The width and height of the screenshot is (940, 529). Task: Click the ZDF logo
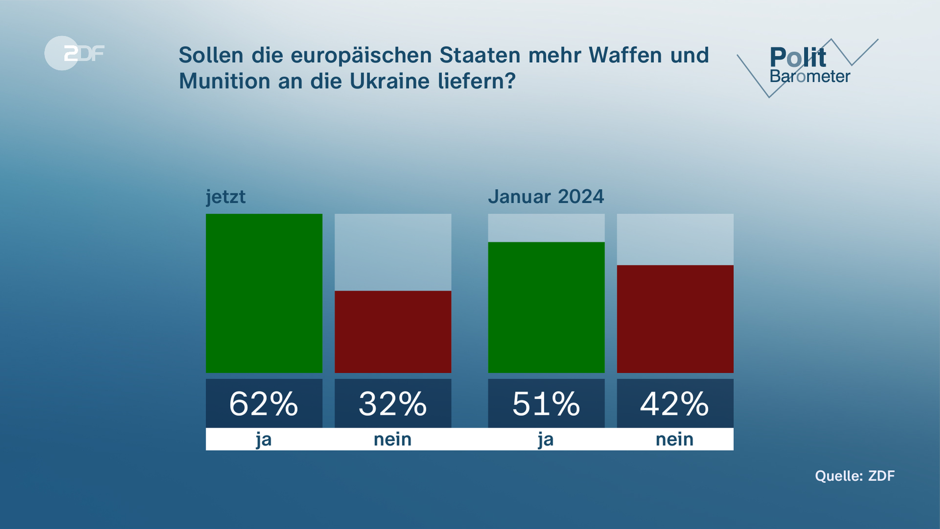click(x=74, y=53)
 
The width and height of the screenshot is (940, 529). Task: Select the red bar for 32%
click(x=393, y=332)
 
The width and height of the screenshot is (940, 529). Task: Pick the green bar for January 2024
click(x=546, y=307)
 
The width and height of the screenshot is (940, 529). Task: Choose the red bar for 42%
click(x=675, y=319)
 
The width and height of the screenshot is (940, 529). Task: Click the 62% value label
click(x=264, y=404)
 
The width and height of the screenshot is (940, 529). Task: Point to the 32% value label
click(x=393, y=404)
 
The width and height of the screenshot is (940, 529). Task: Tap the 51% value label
click(x=546, y=404)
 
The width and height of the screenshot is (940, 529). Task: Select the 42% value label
click(x=675, y=404)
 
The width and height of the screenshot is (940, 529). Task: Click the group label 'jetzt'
click(x=226, y=197)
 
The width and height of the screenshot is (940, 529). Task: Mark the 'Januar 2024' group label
click(x=546, y=197)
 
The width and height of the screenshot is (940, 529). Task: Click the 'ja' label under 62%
click(x=264, y=439)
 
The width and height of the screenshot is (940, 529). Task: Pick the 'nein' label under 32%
click(x=393, y=439)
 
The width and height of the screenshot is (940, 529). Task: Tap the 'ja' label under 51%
click(x=546, y=439)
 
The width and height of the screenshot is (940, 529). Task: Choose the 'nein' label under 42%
click(x=675, y=439)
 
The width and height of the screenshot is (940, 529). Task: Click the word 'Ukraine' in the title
click(x=389, y=81)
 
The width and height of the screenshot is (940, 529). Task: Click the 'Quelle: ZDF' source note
click(x=855, y=476)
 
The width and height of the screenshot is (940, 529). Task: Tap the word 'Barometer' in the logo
click(x=810, y=77)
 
